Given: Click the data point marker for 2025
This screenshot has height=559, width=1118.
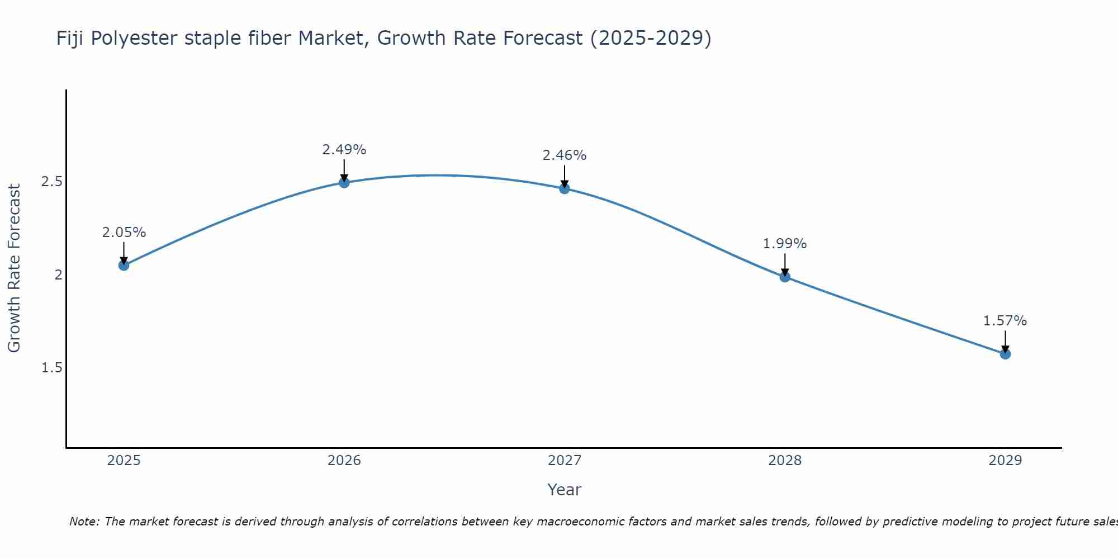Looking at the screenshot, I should [x=124, y=265].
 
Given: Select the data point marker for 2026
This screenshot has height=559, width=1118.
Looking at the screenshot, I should [x=344, y=182].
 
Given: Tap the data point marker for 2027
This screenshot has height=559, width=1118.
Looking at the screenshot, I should [x=564, y=188].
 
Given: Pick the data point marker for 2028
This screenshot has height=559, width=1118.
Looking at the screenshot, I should [x=784, y=276].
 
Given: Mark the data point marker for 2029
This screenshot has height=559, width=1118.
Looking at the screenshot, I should [x=1005, y=354].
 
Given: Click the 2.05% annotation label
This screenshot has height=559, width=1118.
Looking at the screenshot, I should [x=124, y=233].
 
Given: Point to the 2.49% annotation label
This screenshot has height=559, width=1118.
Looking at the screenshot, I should [x=344, y=150].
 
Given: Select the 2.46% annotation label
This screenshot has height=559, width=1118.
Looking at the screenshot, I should [x=564, y=155].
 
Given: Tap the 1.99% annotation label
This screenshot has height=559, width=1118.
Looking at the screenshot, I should [x=784, y=244].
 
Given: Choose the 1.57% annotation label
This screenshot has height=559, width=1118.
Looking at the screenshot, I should [x=1005, y=321].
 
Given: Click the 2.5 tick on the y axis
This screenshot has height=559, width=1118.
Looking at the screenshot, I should [x=51, y=182].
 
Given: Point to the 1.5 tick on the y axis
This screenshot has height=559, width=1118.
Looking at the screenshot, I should [x=51, y=368].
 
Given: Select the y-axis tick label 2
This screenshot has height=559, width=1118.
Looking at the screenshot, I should [x=58, y=274].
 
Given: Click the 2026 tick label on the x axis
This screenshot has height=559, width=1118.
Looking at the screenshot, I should [x=344, y=461].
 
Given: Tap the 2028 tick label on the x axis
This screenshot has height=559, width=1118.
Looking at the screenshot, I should [x=784, y=461].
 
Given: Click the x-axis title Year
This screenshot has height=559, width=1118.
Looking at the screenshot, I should [x=564, y=490].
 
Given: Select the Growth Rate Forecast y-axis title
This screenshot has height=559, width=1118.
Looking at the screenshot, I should [x=14, y=268].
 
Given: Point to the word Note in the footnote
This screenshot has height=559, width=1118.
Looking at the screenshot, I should [x=84, y=522].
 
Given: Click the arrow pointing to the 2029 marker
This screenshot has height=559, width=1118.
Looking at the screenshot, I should [x=1005, y=341].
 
